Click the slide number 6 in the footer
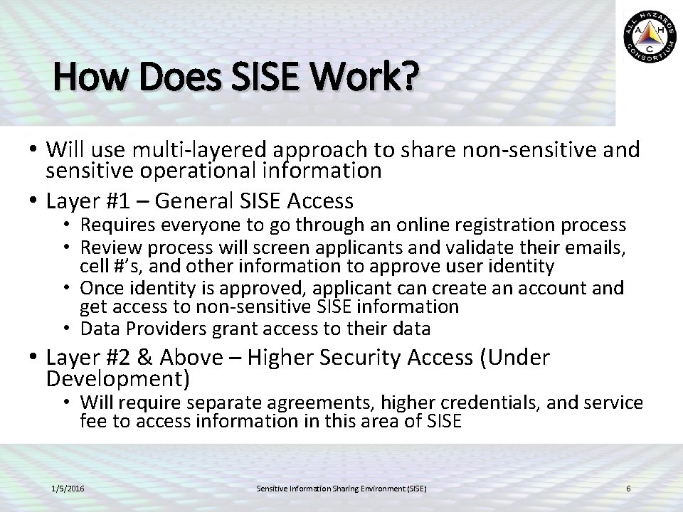628,489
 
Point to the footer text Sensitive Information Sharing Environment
341,489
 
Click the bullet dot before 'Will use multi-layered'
34,151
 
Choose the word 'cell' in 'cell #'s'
92,267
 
